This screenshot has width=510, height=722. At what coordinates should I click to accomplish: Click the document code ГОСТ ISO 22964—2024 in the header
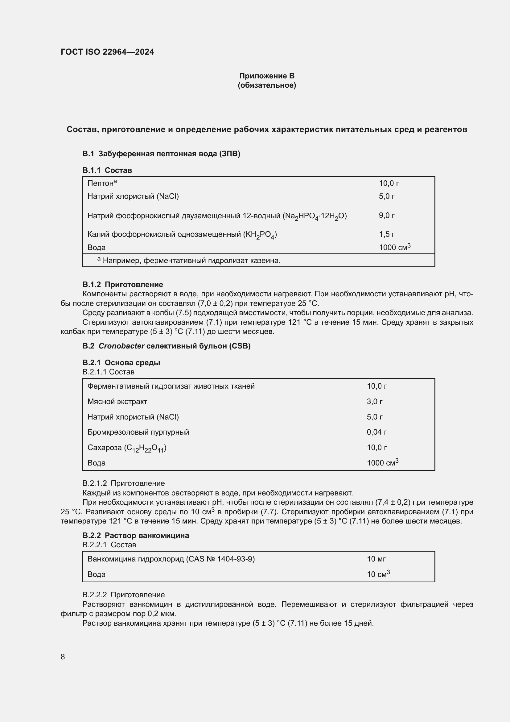point(107,52)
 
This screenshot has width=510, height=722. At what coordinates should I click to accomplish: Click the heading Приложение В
point(267,76)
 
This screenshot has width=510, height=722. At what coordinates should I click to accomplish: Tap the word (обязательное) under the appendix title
point(267,85)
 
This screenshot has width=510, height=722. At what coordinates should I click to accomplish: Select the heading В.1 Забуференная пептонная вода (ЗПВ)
point(161,153)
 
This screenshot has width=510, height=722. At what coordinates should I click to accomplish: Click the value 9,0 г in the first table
point(387,215)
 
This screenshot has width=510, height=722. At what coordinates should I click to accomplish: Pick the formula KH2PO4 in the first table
point(260,235)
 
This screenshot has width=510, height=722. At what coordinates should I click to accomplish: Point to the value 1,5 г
point(387,234)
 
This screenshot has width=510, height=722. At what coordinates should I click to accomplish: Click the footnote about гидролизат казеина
point(191,261)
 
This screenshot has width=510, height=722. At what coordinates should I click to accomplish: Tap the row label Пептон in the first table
point(101,183)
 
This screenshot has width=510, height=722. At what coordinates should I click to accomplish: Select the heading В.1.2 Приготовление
point(122,284)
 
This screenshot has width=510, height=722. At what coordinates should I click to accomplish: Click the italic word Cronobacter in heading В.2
point(121,346)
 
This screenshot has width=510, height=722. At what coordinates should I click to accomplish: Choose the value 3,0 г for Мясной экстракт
point(374,402)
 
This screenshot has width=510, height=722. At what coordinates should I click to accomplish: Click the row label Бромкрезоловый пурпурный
point(138,432)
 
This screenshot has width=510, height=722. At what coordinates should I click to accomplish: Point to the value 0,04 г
point(376,432)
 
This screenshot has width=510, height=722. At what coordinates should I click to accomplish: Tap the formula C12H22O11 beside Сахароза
point(145,448)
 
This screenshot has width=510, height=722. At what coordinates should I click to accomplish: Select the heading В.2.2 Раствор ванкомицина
point(136,535)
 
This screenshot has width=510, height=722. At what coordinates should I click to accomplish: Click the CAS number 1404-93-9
point(235,559)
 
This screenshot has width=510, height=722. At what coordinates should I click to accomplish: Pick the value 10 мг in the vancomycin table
point(376,559)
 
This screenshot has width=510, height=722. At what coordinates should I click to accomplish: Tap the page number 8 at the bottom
point(63,657)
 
